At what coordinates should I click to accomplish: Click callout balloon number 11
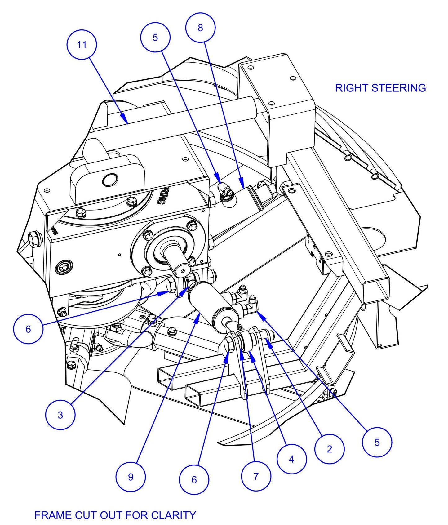82,45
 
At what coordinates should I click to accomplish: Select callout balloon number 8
200,28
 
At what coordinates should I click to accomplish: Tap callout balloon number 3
60,415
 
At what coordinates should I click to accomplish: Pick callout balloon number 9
131,477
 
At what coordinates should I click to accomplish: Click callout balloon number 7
256,476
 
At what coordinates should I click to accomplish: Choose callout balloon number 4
291,459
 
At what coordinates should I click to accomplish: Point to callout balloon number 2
329,449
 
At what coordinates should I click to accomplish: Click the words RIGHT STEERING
380,88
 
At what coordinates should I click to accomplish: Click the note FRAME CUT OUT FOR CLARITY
115,515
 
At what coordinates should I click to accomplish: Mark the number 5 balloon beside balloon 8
155,38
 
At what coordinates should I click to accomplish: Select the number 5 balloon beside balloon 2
377,442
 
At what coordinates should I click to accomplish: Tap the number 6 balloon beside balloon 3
28,329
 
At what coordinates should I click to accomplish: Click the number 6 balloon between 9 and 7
194,480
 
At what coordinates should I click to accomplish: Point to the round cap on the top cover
110,180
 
